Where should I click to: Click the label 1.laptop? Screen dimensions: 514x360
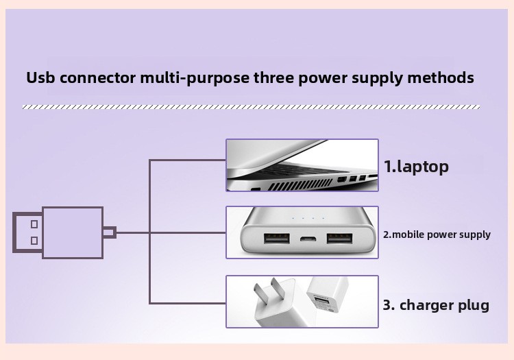pos(416,167)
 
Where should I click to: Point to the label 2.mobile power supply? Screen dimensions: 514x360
pos(437,235)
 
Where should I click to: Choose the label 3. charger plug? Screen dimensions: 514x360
pos(436,305)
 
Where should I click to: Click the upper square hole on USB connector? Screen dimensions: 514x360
pos(34,224)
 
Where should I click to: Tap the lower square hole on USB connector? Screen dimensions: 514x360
pos(34,241)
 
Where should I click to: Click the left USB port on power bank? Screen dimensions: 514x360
pos(277,239)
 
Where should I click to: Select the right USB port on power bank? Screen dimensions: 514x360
pos(340,239)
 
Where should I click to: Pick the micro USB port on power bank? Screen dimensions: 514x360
pos(308,239)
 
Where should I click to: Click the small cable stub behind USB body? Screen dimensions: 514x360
pos(110,232)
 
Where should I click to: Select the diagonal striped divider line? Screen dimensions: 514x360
pos(251,107)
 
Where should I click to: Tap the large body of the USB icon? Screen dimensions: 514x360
pos(73,232)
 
